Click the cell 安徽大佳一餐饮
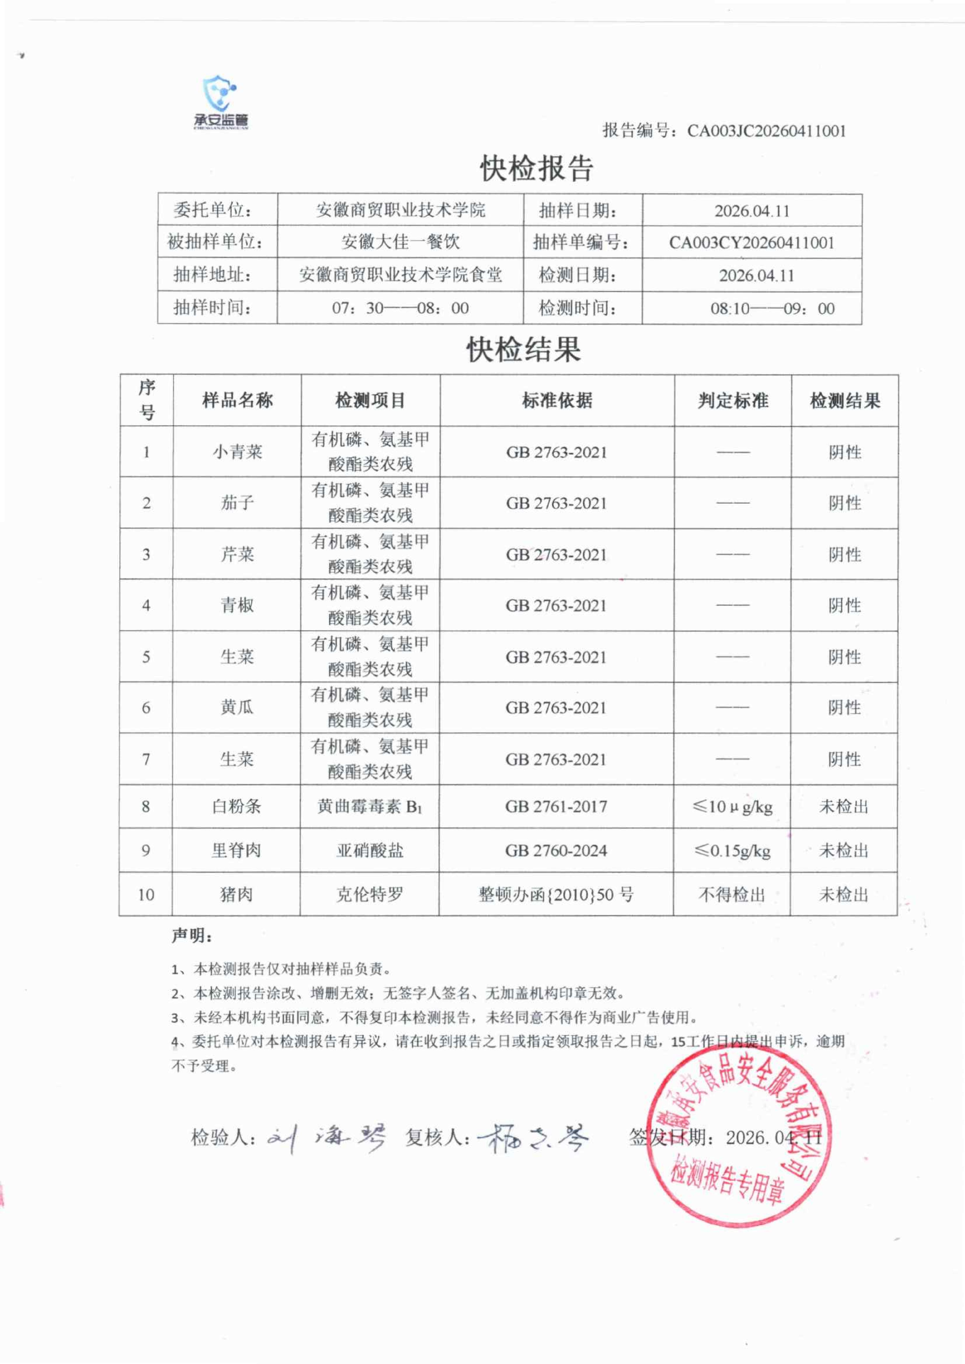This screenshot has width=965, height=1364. coord(400,242)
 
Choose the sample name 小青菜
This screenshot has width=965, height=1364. coord(237,452)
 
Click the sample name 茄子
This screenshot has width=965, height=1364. coord(237,503)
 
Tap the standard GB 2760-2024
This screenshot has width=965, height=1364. coord(556,851)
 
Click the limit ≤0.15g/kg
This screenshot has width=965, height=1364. coord(732,851)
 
